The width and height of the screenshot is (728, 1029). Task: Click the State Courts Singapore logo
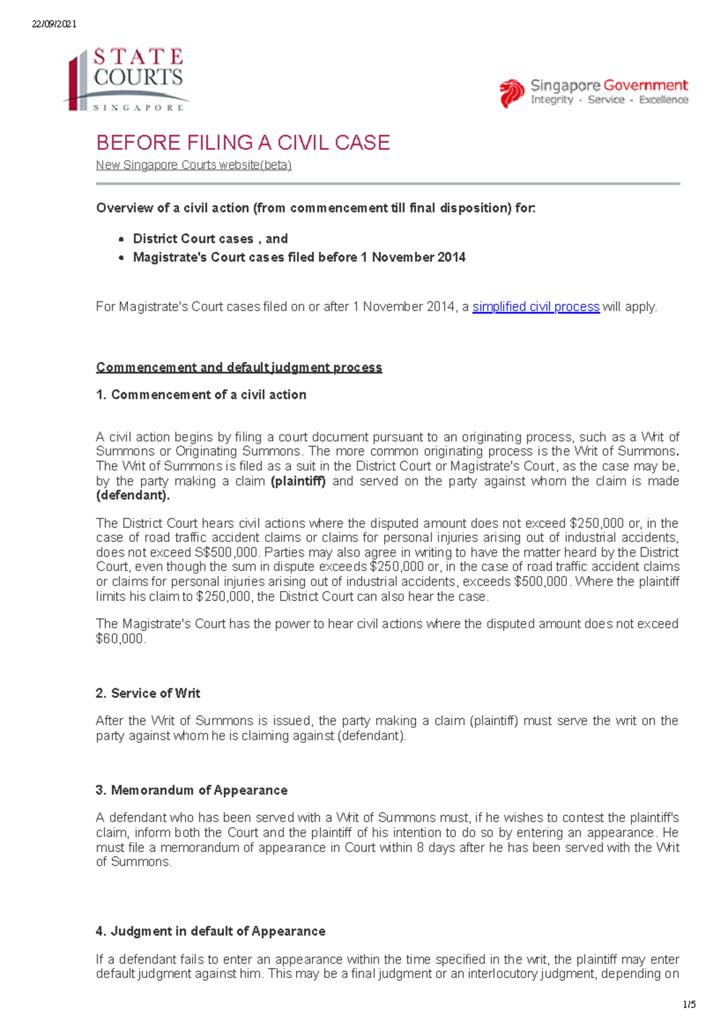126,79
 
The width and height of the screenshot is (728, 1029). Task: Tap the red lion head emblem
511,93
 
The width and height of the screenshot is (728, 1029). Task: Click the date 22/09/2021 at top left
54,24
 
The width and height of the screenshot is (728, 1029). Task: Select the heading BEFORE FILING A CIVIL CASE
243,143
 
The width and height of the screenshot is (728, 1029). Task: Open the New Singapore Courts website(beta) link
194,165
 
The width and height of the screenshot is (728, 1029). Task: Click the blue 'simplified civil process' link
536,307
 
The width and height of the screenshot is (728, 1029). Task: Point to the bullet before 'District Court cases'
121,240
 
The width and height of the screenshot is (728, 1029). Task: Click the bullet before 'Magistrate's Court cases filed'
121,258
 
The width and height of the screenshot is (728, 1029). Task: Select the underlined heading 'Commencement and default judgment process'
239,367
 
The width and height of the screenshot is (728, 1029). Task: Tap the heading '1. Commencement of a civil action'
201,395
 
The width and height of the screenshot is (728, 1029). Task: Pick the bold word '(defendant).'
133,495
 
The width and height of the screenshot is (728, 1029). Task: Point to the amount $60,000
120,639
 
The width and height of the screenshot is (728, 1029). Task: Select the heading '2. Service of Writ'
147,693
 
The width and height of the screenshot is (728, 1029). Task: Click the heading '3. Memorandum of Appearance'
191,790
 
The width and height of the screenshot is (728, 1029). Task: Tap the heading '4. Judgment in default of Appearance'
210,931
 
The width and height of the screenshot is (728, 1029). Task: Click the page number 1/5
689,1005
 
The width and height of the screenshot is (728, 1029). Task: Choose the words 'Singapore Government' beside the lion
609,85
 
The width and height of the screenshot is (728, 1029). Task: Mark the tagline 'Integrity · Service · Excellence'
609,100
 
